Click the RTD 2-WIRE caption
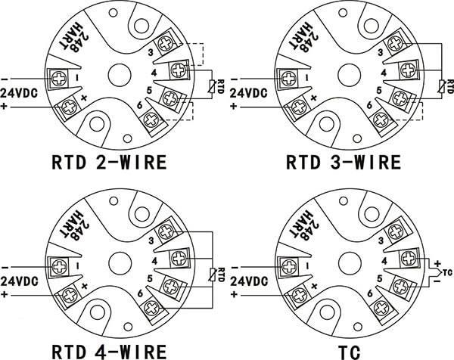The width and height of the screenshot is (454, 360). [109, 162]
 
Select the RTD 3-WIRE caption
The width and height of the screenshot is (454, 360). [344, 162]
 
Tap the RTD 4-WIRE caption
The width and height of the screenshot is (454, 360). [109, 351]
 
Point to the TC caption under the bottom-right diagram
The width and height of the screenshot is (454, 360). [350, 352]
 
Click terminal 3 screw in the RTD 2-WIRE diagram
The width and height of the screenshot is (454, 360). [165, 45]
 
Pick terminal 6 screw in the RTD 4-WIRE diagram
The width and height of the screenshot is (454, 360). [151, 308]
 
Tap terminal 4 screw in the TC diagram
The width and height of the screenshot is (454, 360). [409, 258]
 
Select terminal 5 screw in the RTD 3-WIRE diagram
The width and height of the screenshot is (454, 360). [400, 98]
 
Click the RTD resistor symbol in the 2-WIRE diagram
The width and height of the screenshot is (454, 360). [213, 86]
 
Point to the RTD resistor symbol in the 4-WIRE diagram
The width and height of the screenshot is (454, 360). [213, 275]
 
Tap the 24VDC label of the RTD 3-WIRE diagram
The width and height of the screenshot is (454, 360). [249, 93]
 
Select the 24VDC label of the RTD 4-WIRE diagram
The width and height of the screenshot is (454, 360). [19, 281]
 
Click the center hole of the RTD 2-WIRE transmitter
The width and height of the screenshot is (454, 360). [120, 75]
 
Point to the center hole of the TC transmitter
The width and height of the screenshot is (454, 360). [350, 263]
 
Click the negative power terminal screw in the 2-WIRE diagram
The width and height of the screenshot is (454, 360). [59, 79]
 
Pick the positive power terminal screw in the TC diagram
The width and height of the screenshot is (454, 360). [299, 296]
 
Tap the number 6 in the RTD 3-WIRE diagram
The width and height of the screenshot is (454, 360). [369, 106]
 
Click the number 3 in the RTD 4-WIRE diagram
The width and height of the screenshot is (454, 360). [151, 241]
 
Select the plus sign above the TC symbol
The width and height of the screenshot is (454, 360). [437, 264]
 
